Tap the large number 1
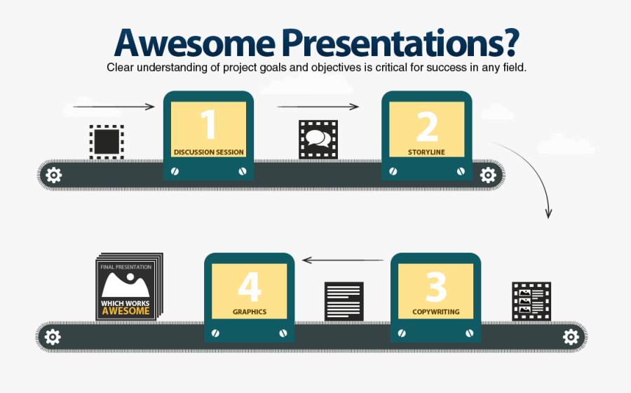[x=208, y=125]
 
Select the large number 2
[x=426, y=126]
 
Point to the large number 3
[x=435, y=287]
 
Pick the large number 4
[x=249, y=287]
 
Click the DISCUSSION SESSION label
[x=208, y=152]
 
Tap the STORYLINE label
[x=426, y=152]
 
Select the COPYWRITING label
[x=435, y=312]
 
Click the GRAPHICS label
[x=249, y=312]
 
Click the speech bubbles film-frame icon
[x=318, y=139]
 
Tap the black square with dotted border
[x=107, y=140]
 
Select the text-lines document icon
[x=344, y=301]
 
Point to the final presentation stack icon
[x=128, y=286]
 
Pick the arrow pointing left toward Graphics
[x=344, y=260]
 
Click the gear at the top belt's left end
[x=53, y=175]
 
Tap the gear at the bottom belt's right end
[x=571, y=338]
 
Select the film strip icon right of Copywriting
[x=531, y=302]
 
